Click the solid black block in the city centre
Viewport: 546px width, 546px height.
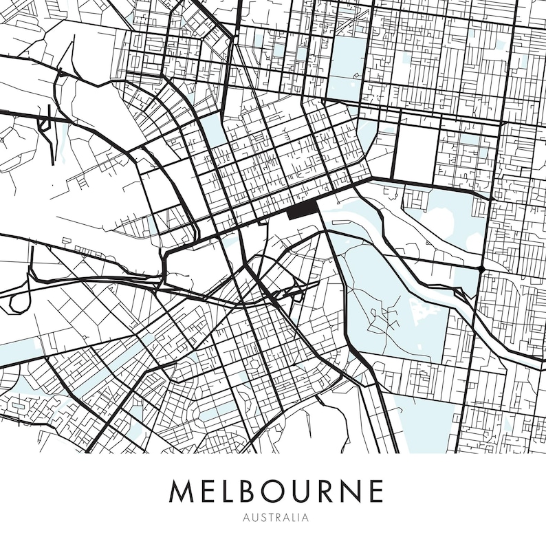pyautogui.click(x=301, y=210)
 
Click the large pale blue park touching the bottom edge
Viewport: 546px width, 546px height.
pyautogui.click(x=423, y=423)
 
